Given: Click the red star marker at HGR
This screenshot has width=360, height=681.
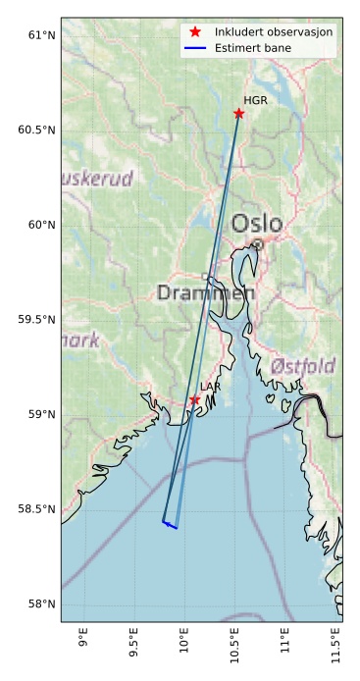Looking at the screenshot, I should [x=238, y=114].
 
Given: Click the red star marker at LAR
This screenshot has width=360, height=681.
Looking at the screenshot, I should [x=194, y=400].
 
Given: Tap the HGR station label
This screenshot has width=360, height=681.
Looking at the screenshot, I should [x=255, y=100].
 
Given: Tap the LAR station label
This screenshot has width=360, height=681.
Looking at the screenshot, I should [x=210, y=388].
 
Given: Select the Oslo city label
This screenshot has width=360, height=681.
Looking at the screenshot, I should [x=257, y=224].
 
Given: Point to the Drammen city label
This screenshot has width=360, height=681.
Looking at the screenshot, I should [x=206, y=292].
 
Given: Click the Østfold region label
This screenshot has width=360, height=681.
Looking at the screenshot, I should [x=302, y=366].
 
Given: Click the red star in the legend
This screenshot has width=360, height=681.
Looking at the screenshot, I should [x=195, y=32].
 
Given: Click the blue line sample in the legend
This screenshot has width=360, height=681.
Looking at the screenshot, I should [x=195, y=47].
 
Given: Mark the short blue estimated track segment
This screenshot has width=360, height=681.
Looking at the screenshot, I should [x=170, y=525].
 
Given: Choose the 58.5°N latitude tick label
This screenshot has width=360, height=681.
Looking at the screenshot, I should [x=36, y=509].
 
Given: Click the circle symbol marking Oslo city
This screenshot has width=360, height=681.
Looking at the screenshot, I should [x=257, y=244].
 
